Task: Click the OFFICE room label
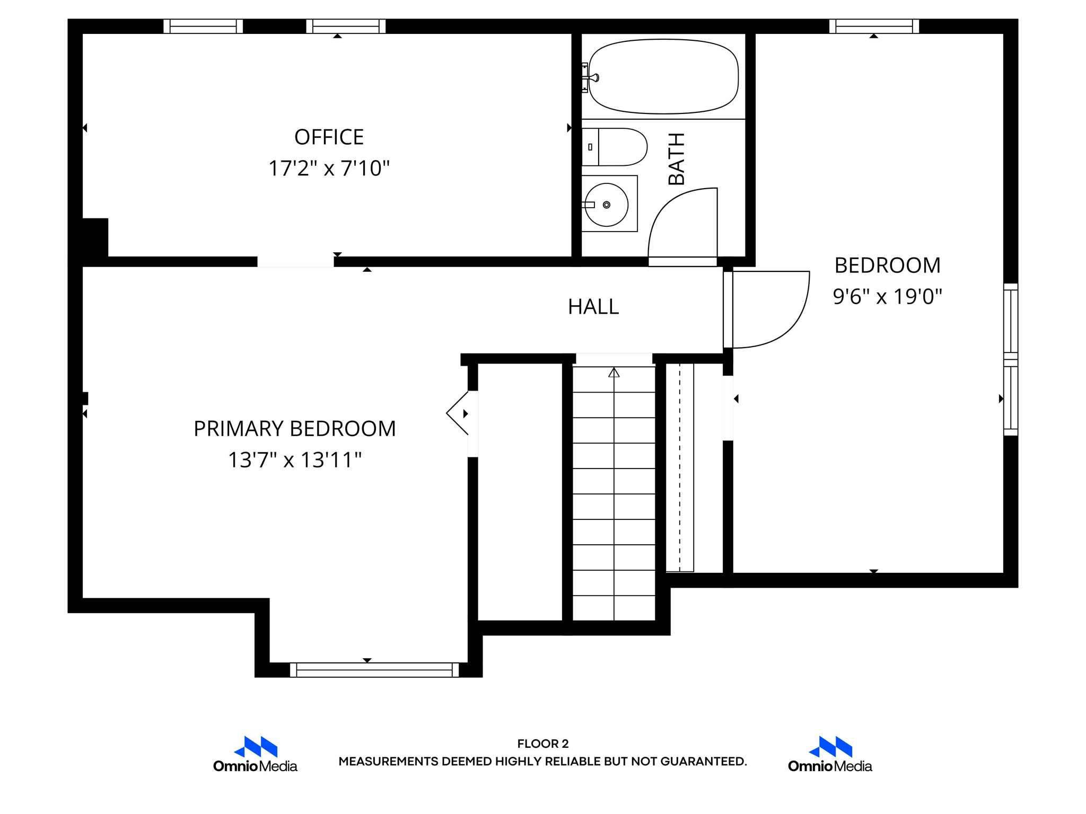329,137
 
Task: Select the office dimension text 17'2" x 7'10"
329,169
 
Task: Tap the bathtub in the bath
663,77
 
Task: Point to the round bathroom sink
607,205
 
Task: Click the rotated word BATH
677,159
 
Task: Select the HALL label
593,307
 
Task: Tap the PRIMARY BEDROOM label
294,429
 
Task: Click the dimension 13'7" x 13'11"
294,460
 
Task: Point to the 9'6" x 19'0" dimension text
887,297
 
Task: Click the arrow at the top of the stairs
614,373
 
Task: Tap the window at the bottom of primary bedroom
374,670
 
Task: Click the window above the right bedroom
874,26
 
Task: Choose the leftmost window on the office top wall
203,26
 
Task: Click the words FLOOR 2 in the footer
542,744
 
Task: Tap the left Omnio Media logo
256,754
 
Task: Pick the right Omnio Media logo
830,754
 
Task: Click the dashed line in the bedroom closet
680,466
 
